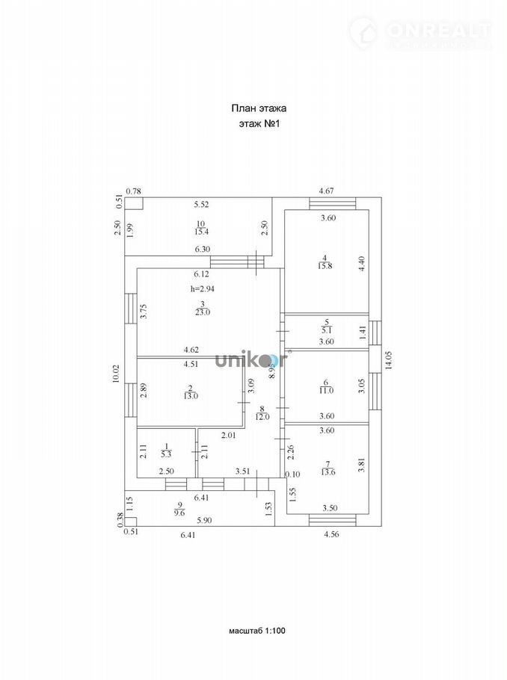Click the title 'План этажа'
pos(259,108)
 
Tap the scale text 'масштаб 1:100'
pos(256,631)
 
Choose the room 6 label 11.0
pos(325,390)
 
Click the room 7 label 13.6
pos(326,471)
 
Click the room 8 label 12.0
pos(261,416)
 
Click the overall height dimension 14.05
pos(388,362)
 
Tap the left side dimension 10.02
pos(116,374)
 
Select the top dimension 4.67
pos(327,191)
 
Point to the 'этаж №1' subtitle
pos(259,125)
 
